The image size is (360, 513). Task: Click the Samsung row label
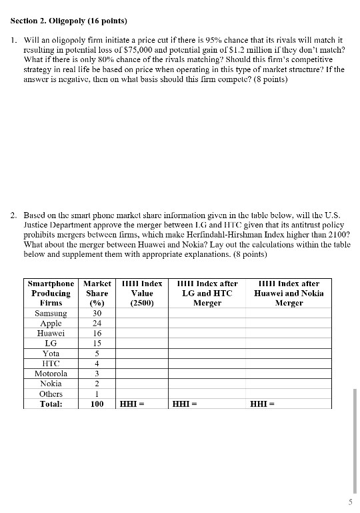click(51, 314)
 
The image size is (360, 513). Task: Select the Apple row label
click(51, 324)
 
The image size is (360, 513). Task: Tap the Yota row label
click(51, 354)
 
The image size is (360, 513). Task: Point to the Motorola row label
click(51, 374)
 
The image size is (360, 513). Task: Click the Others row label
click(51, 394)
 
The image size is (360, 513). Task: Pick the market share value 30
click(97, 314)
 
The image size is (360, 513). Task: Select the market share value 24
click(97, 324)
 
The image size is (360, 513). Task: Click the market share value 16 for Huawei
click(97, 334)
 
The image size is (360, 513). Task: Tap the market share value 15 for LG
click(97, 344)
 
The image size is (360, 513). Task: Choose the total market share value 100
click(97, 404)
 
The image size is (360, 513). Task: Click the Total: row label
click(51, 404)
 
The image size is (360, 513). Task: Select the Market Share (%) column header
click(97, 293)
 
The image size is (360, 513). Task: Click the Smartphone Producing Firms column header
click(51, 293)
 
